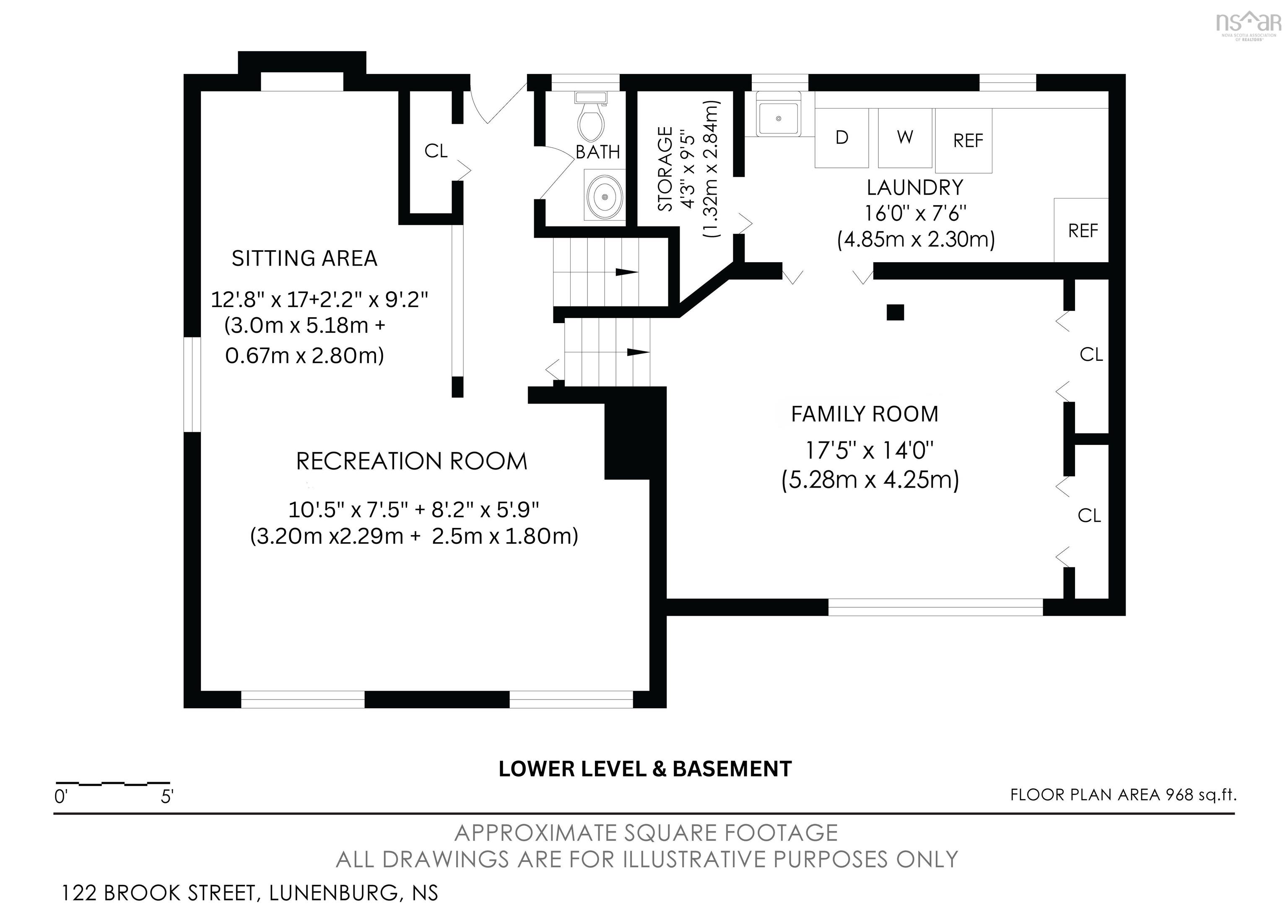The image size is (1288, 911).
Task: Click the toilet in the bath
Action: coord(591,116)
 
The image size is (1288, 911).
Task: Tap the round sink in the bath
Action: coord(605,196)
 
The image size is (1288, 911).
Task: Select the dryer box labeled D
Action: coord(841,138)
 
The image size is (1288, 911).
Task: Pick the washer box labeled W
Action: coord(905,138)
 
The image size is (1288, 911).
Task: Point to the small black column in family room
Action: coord(895,312)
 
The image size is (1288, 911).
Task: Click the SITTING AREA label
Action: coord(305,258)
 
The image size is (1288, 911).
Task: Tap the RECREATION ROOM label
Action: coord(412,462)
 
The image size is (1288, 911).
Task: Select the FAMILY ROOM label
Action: coord(865,414)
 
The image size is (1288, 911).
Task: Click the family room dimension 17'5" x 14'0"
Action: coord(870,450)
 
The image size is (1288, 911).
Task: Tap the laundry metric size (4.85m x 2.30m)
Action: coord(916,240)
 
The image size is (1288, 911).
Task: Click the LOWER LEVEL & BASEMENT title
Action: coord(645,769)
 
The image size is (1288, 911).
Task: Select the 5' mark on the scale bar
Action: coord(166,796)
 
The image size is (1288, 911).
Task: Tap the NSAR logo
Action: coord(1248,25)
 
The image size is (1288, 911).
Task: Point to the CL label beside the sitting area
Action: coord(436,151)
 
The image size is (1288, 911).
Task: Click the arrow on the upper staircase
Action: coord(627,272)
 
